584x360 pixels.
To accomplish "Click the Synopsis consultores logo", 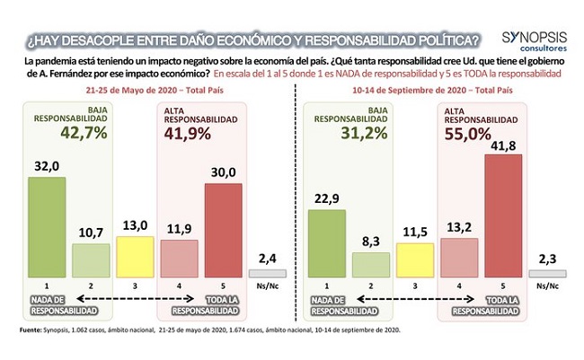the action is pos(535,41).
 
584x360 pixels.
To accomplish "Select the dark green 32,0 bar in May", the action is pos(47,227).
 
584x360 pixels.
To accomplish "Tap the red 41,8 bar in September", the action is pos(503,216).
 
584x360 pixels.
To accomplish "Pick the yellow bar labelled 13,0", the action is pos(135,257).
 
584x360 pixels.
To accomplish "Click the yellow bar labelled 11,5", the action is pos(415,260).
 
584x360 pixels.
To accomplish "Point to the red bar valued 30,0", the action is pos(224,231).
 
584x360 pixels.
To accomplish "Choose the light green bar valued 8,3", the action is pos(371,265).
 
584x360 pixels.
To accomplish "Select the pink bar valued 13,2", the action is pos(459,258).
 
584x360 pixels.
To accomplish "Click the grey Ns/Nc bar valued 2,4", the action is pos(268,274).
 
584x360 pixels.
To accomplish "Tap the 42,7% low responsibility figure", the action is pos(84,133).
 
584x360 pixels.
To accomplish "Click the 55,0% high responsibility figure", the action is pos(468,134).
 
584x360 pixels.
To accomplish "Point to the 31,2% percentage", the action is pos(364,133).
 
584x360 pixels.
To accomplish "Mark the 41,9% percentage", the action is pos(188,134).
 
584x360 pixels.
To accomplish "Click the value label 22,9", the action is pos(327,198).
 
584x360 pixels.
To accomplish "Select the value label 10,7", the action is pos(91,233).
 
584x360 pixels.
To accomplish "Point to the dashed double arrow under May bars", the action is pos(135,299).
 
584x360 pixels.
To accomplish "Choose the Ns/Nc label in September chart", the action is pos(547,285).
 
